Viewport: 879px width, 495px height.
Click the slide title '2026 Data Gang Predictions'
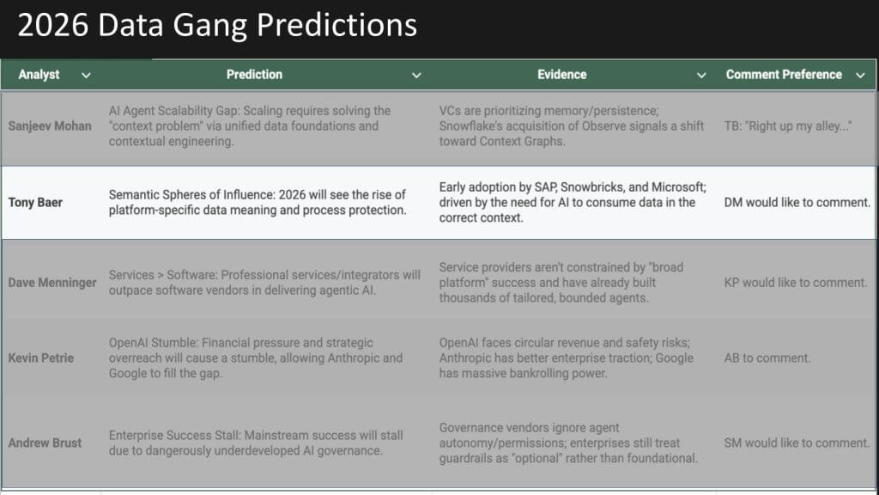[x=217, y=25]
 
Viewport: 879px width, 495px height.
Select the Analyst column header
[x=39, y=75]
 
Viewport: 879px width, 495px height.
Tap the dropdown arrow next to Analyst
[x=86, y=76]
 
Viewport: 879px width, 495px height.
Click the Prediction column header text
[x=254, y=75]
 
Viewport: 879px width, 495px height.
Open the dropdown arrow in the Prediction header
[x=416, y=76]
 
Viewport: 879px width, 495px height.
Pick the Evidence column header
[x=561, y=75]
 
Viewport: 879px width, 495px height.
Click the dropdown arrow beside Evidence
[x=701, y=76]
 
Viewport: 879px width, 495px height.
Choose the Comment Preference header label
[x=784, y=75]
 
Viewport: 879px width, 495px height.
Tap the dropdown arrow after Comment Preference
[x=860, y=76]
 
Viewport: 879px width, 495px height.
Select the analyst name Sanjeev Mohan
[x=50, y=126]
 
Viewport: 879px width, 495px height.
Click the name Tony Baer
[x=35, y=203]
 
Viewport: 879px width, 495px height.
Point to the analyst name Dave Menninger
[x=52, y=283]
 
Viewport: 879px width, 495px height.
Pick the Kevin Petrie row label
[x=41, y=358]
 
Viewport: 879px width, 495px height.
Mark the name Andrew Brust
[x=45, y=443]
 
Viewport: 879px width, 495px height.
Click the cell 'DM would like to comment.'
[x=797, y=203]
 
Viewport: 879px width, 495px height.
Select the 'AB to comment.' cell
[x=767, y=358]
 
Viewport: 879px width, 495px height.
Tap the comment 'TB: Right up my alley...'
[x=788, y=126]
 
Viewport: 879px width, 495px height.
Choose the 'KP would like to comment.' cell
[x=796, y=283]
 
